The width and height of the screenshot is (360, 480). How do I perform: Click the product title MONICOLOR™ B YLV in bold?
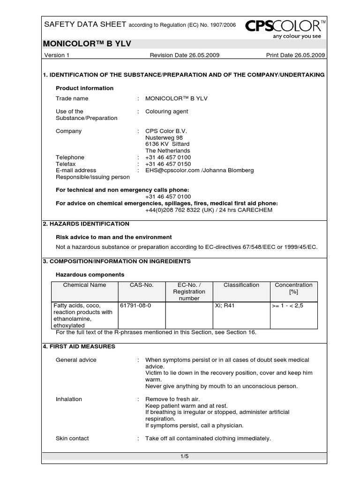pos(87,44)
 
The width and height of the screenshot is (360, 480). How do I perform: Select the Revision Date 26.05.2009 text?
pos(184,55)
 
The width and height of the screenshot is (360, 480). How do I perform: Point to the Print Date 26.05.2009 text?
pos(295,55)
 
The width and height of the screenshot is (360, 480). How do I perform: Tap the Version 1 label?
pos(57,55)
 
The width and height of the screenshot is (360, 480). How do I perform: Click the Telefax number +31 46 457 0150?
pos(168,164)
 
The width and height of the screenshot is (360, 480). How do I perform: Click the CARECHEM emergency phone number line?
pos(209,210)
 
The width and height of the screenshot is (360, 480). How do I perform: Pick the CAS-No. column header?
pos(142,285)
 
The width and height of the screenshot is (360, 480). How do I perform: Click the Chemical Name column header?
pos(85,285)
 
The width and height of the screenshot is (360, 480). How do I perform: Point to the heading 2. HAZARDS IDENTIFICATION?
pos(86,224)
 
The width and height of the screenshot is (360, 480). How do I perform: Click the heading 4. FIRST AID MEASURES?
pos(79,346)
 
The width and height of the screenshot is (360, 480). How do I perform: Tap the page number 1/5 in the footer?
pos(184,456)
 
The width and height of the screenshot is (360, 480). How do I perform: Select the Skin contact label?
pos(72,438)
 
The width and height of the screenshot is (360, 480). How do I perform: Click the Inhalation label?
pos(69,399)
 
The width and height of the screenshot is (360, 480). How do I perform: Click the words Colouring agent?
pos(167,112)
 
